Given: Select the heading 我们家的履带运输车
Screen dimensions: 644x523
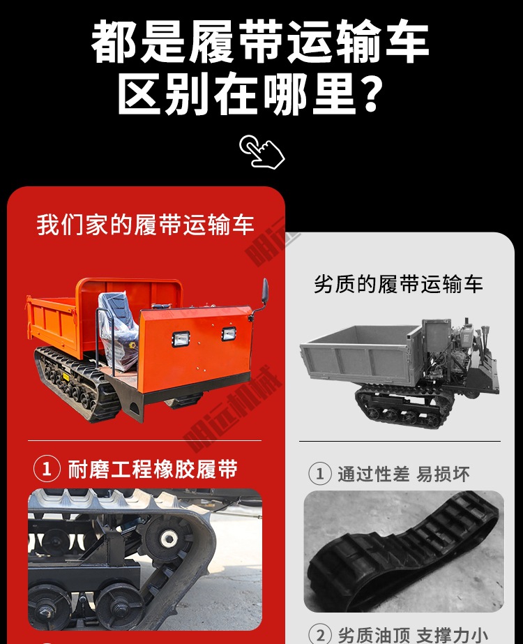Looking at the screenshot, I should coord(146,225).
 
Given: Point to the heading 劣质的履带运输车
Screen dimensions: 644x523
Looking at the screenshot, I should coord(398,284).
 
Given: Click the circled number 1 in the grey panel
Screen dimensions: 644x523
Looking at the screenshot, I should coord(319,474).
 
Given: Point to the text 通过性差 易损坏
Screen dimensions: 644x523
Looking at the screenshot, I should coord(404,474).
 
